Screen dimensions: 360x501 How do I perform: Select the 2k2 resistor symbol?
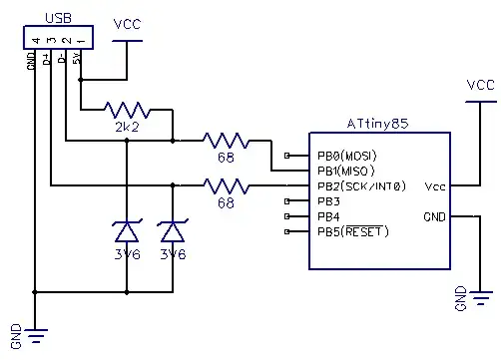(127, 110)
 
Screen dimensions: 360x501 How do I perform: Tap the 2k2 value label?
(127, 129)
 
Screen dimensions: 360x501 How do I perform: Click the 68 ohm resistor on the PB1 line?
(225, 140)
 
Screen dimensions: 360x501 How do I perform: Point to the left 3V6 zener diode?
(127, 231)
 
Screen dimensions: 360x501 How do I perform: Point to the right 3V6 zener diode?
(174, 231)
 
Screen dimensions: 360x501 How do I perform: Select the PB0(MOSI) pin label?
(347, 156)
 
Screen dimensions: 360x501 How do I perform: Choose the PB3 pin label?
(329, 201)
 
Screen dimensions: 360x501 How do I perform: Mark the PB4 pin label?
(329, 216)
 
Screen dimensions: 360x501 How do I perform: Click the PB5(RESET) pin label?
(352, 232)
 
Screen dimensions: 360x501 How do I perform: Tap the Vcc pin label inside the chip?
(435, 185)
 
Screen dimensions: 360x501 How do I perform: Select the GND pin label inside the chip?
(435, 216)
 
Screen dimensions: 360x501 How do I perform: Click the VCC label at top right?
(481, 86)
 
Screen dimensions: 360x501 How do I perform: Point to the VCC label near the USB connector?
(128, 24)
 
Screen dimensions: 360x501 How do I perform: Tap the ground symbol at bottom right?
(481, 296)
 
